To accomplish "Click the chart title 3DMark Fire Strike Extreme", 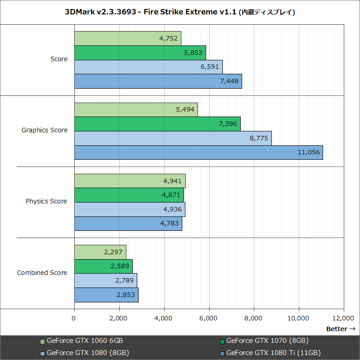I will pos(180,12).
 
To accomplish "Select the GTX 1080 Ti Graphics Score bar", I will pos(198,152).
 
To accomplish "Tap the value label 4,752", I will pos(168,38).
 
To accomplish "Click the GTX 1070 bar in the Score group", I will pos(139,53).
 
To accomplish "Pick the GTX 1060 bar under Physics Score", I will pos(130,181).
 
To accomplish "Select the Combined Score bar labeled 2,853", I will pos(106,295).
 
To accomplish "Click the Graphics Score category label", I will pos(45,130).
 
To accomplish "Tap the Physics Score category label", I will pos(46,201).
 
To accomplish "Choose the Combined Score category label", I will pos(42,273).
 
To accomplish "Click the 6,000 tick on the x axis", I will pos(209,319).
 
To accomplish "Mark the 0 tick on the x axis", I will pos(74,319).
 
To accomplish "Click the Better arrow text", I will pos(341,329).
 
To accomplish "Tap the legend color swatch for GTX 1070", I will pos(222,341).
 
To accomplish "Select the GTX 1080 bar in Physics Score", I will pos(130,209).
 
